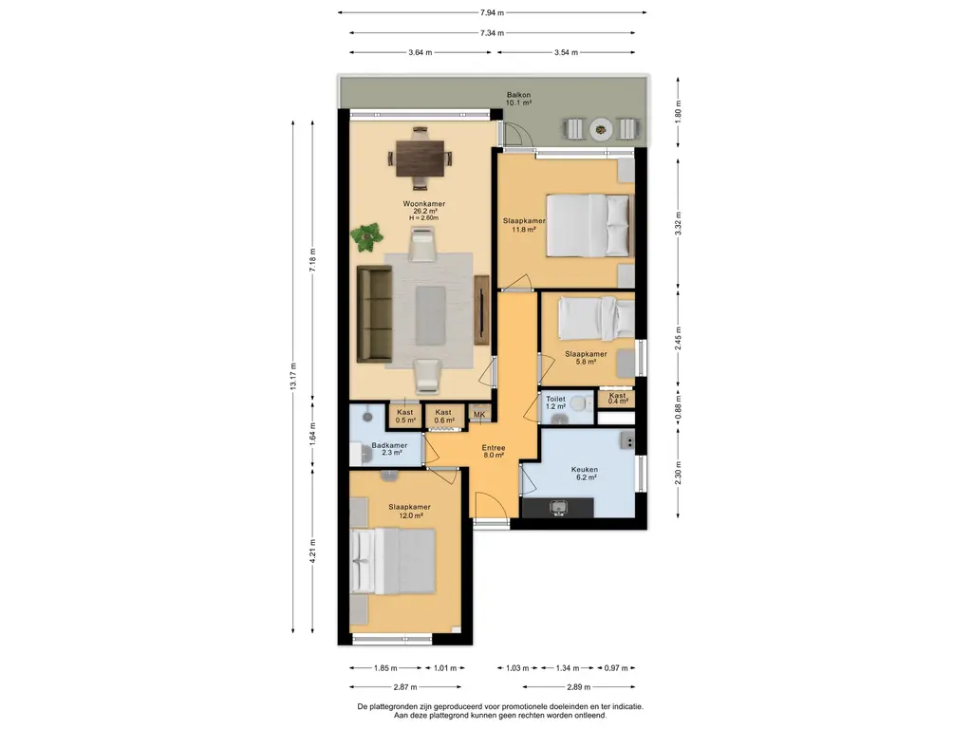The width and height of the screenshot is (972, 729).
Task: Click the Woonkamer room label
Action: click(x=424, y=204)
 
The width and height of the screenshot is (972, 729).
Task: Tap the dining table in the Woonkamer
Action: click(x=421, y=158)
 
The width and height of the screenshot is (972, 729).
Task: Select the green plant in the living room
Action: click(x=366, y=236)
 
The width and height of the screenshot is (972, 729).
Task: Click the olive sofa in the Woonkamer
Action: click(x=374, y=313)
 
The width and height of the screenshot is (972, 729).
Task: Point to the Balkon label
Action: click(x=518, y=95)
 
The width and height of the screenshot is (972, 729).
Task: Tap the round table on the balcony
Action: click(x=601, y=129)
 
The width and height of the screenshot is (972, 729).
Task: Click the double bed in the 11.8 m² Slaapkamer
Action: click(x=589, y=226)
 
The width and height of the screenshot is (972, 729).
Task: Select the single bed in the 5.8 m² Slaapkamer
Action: click(x=596, y=319)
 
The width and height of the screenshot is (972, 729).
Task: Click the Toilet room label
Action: click(x=555, y=400)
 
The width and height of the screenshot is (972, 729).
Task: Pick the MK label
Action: click(x=479, y=414)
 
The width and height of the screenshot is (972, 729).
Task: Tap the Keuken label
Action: click(x=584, y=469)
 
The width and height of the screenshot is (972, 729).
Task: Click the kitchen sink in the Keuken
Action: click(x=558, y=508)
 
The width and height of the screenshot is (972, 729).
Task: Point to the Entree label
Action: click(x=494, y=448)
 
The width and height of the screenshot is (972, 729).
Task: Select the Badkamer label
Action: click(x=389, y=445)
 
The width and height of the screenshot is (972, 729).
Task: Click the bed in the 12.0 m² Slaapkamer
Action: click(x=392, y=561)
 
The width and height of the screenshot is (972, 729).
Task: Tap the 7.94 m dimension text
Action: click(x=493, y=12)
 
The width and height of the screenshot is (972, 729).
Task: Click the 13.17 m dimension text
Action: click(x=293, y=376)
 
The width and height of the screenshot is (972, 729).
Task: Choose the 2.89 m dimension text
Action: click(x=578, y=687)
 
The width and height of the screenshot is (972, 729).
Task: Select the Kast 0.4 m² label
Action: click(x=617, y=398)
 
